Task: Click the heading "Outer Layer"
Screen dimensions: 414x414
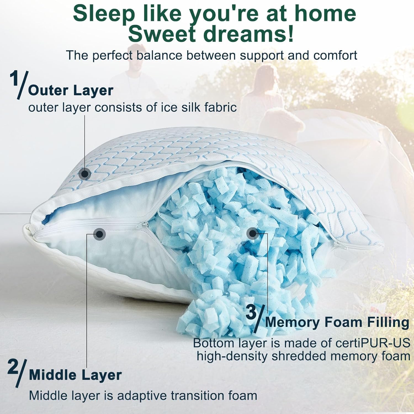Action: pyautogui.click(x=71, y=91)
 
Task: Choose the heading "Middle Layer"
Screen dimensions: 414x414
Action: pyautogui.click(x=75, y=375)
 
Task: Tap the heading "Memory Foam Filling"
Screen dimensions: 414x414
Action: pyautogui.click(x=337, y=322)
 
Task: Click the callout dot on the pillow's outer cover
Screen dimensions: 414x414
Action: pyautogui.click(x=84, y=174)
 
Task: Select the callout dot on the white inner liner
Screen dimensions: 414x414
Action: pyautogui.click(x=100, y=234)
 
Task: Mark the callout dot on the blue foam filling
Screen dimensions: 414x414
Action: pyautogui.click(x=252, y=234)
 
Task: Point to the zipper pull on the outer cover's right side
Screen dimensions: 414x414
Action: pyautogui.click(x=337, y=243)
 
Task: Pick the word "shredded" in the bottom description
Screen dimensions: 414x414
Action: pyautogui.click(x=299, y=356)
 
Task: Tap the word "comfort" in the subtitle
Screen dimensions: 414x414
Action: pyautogui.click(x=335, y=55)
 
